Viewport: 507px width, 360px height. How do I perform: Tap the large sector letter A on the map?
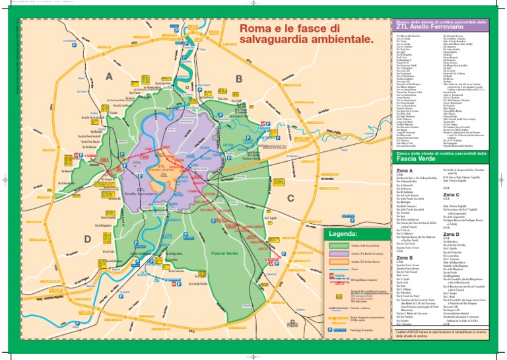click(109, 77)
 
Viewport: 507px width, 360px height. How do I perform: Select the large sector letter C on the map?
click(290, 180)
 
